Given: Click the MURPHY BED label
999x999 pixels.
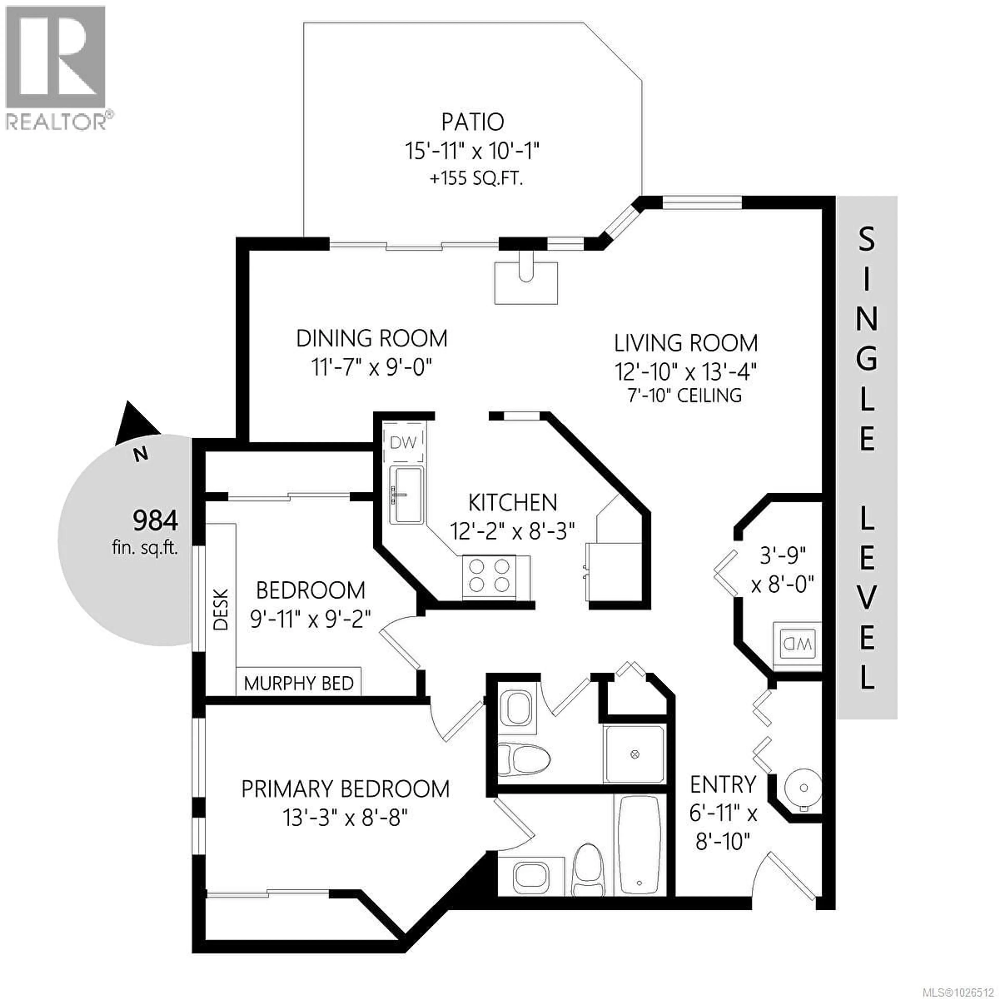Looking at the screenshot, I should [x=298, y=684].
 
